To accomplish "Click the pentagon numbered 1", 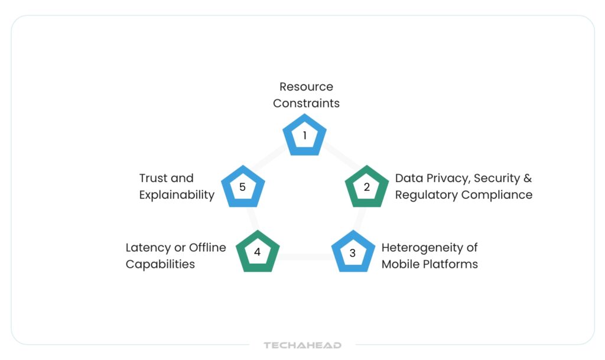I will [x=305, y=136].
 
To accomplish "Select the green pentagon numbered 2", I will [x=366, y=187].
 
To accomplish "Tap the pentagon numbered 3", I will [x=353, y=253].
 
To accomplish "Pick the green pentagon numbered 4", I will [x=257, y=252].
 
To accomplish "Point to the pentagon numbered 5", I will [x=242, y=187].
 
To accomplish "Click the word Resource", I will [x=306, y=86].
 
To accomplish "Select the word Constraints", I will [x=306, y=103].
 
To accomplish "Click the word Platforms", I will [x=451, y=264].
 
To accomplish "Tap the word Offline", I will [x=207, y=247].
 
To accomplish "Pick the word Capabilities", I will [x=160, y=264].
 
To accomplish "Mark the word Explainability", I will [x=177, y=194].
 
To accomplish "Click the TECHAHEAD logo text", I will [x=302, y=345].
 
